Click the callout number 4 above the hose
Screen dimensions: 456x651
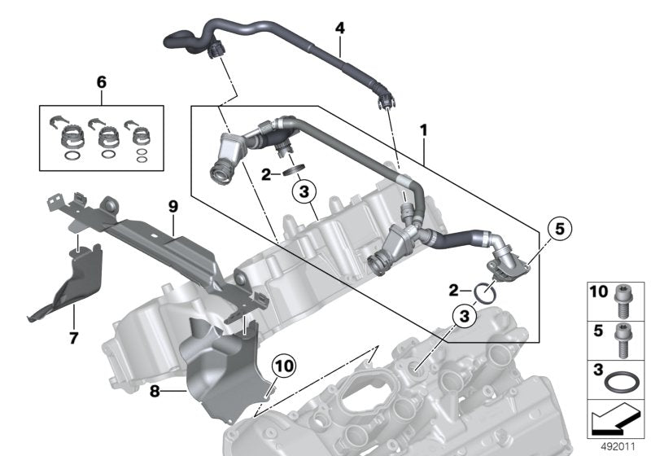pyautogui.click(x=340, y=28)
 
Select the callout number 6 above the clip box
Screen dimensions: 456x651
pyautogui.click(x=101, y=82)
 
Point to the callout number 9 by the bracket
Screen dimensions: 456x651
pyautogui.click(x=173, y=208)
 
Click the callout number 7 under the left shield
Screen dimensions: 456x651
pyautogui.click(x=73, y=337)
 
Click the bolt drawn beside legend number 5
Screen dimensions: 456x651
pyautogui.click(x=627, y=336)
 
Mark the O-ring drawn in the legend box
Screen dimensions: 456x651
pyautogui.click(x=626, y=381)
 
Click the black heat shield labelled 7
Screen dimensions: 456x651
pyautogui.click(x=65, y=281)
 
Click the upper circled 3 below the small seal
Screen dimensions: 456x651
pyautogui.click(x=302, y=193)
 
